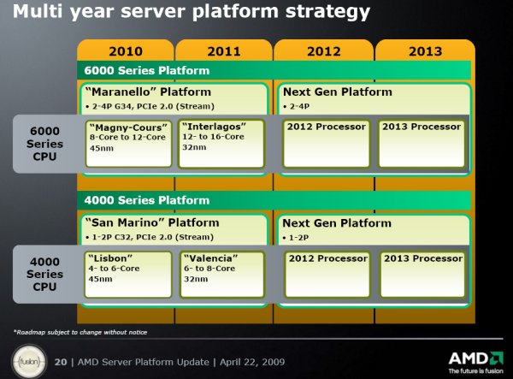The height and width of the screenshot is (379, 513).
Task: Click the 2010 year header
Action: coord(126,51)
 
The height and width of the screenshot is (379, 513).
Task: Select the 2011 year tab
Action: coord(224,51)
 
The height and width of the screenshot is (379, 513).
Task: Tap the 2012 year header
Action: coord(323,51)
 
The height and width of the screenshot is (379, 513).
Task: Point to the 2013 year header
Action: coord(425,51)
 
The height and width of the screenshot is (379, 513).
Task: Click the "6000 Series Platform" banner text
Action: coord(146,70)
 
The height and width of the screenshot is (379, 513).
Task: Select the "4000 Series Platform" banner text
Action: coord(146,200)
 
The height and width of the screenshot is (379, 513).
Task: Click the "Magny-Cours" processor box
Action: coord(128,144)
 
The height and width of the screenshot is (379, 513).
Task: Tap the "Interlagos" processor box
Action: coord(221,144)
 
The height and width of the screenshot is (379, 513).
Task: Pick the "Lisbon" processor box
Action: coord(128,275)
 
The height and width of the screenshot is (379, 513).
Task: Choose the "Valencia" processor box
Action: coord(221,275)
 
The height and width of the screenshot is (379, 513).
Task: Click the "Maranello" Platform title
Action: coord(148,92)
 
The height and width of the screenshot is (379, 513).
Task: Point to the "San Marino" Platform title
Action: coord(152,222)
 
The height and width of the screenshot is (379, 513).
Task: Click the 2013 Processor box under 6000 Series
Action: coord(422,144)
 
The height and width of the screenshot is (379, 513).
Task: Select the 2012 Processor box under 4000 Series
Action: coord(327,275)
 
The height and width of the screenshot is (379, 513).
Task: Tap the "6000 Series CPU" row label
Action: coord(44,144)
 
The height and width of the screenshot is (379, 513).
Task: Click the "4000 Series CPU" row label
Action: coord(44,274)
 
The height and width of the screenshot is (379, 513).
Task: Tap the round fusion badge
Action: coord(29,362)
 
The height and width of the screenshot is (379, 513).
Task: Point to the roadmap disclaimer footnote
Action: coord(80,332)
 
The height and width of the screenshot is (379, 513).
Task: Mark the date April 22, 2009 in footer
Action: coord(252,362)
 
